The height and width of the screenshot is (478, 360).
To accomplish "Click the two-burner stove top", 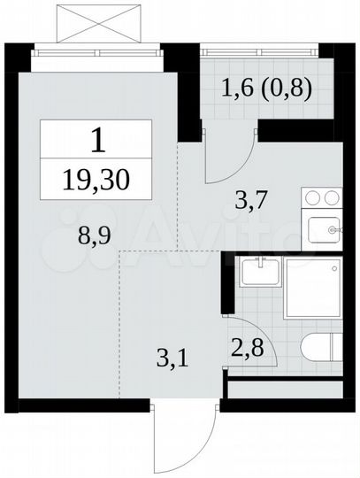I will (x=320, y=199).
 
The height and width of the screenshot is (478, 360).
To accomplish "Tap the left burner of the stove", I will (x=311, y=199).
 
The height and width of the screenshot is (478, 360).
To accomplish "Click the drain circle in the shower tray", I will (x=333, y=267).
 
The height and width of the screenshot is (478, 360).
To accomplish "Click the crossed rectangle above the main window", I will (x=98, y=22).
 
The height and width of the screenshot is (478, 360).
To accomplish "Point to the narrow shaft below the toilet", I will (x=283, y=388).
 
